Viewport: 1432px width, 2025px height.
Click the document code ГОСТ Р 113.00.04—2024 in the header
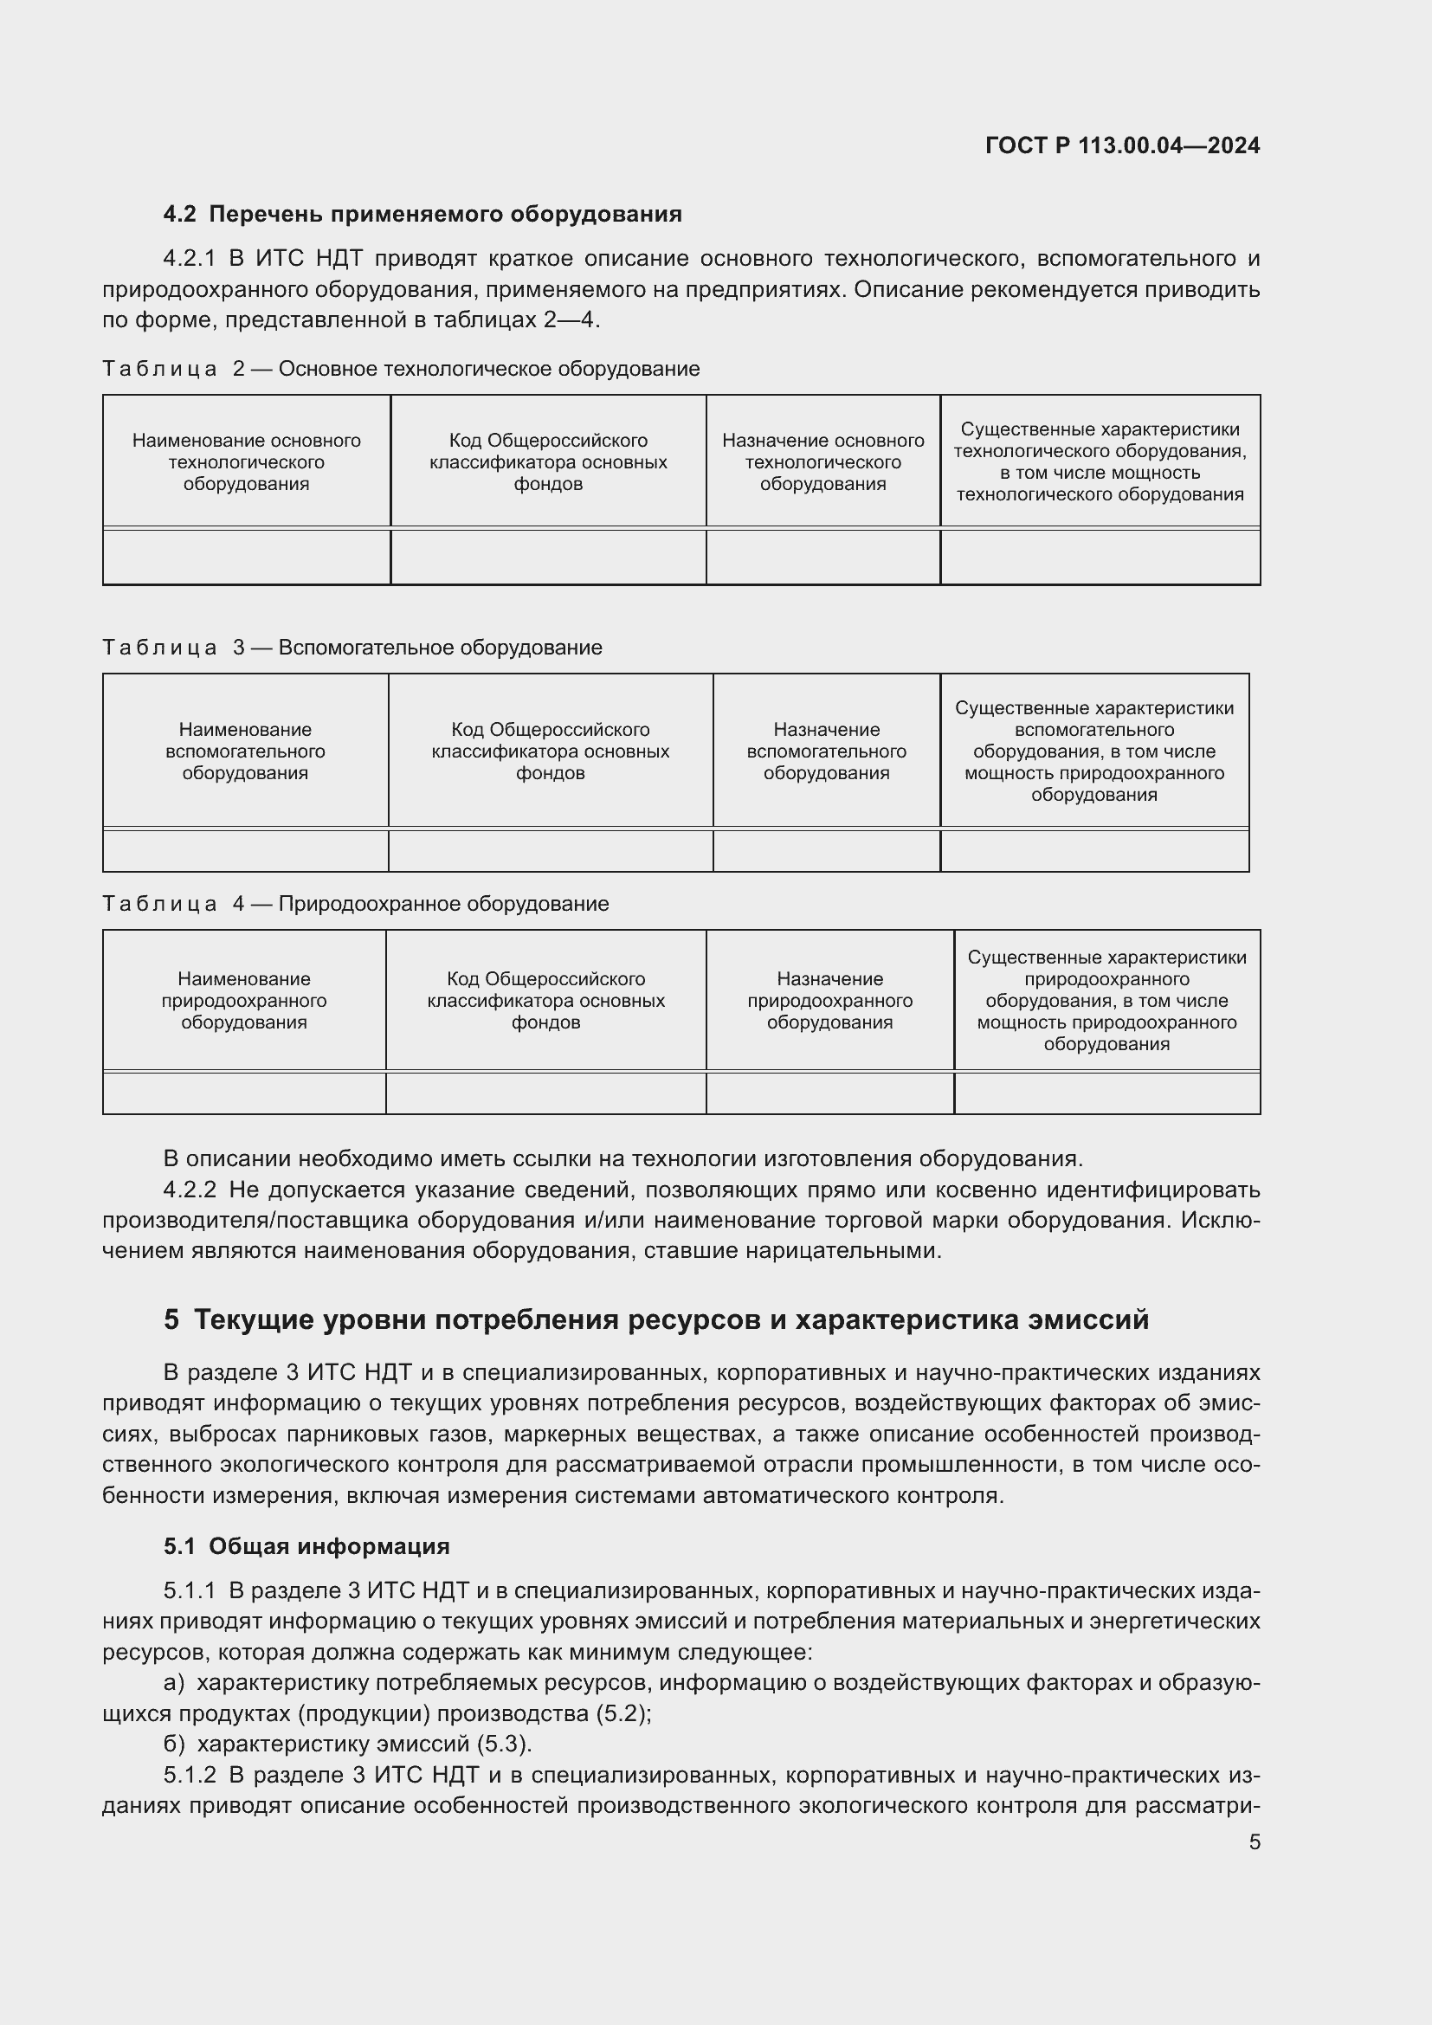tap(1121, 145)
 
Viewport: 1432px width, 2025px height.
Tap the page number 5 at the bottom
tap(1254, 1841)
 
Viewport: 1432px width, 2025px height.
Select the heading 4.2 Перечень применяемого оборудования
tap(423, 215)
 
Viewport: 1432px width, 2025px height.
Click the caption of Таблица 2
tap(400, 369)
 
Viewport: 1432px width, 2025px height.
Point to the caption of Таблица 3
tap(352, 648)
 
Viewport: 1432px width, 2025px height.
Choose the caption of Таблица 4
tap(355, 904)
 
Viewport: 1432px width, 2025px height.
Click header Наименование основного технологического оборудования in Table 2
tap(246, 462)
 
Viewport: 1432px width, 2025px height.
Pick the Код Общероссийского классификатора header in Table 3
tap(551, 751)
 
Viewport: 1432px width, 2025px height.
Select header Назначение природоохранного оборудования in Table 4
tap(829, 1000)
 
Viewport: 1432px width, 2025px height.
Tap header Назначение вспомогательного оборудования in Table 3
tap(826, 751)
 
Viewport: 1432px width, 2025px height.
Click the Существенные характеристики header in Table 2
tap(1100, 461)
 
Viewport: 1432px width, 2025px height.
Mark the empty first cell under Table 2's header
tap(246, 557)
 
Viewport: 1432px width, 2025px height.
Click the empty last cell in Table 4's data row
tap(1106, 1093)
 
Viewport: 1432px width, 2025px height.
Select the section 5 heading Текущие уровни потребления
tap(656, 1319)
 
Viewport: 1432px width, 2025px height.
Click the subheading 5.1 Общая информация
tap(306, 1546)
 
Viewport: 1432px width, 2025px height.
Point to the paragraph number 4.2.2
tap(190, 1190)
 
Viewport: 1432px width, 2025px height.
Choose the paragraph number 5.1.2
tap(190, 1775)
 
